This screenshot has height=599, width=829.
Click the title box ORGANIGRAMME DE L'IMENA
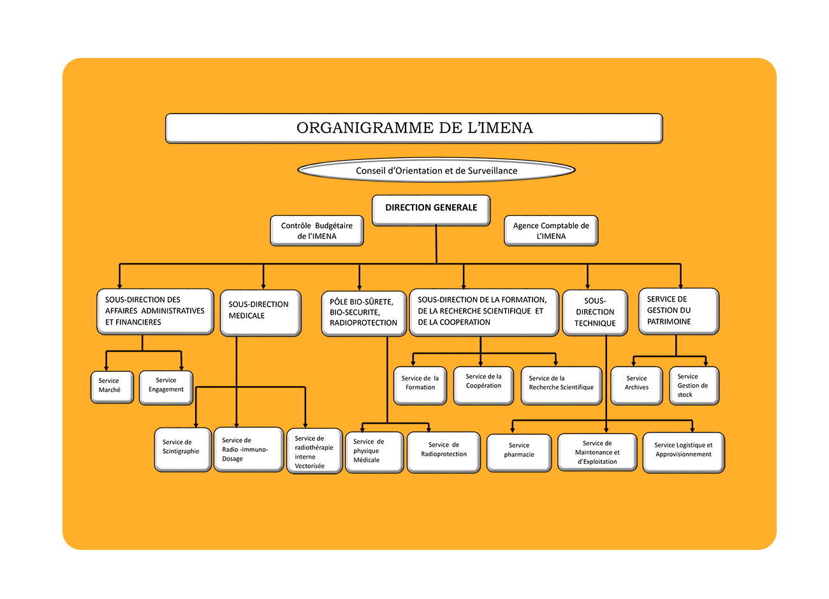pos(414,128)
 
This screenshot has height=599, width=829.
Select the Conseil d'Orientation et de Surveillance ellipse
pos(436,170)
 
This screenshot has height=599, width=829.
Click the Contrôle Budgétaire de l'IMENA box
pos(317,231)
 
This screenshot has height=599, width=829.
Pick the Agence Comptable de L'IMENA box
pos(551,231)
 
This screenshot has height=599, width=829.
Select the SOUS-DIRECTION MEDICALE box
pos(260,312)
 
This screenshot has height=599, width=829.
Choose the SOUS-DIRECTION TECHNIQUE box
pos(595,312)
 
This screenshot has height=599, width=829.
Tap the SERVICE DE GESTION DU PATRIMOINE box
pos(678,311)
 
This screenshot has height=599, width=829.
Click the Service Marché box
pos(112,386)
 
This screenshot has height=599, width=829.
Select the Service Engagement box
pos(166,386)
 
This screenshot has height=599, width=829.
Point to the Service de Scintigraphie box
pos(182,449)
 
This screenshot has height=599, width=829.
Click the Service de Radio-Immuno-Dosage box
pos(248,449)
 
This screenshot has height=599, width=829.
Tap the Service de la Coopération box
pos(483,384)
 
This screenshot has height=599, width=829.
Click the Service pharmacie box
pos(518,452)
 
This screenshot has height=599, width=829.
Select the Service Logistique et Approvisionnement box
pos(683,452)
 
